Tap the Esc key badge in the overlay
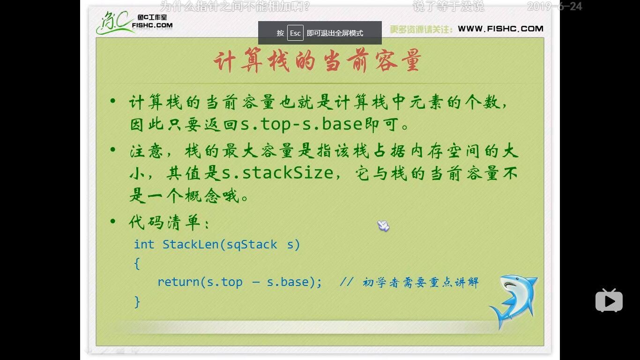(295, 33)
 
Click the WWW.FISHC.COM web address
(500, 29)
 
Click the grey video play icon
(609, 300)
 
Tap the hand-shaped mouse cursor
(383, 226)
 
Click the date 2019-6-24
(554, 7)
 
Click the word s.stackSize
(277, 173)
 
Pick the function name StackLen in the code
(191, 244)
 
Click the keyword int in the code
(144, 244)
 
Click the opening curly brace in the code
(137, 263)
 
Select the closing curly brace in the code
(137, 301)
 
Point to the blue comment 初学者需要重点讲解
(420, 282)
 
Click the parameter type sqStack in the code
(252, 244)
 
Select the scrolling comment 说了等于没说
(448, 7)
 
